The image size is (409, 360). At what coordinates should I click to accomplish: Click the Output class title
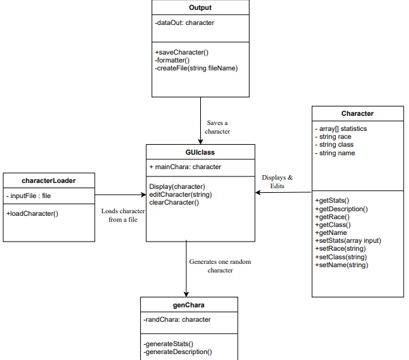200,7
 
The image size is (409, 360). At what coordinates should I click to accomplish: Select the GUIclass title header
200,151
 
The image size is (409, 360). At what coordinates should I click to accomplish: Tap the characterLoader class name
49,180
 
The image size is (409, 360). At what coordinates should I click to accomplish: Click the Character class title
357,113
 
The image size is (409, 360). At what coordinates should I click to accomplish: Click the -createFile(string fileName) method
196,68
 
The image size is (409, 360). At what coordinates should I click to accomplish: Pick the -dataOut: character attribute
184,22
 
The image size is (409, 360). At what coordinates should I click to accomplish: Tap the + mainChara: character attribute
185,167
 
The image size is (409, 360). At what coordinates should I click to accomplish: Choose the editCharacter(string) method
180,194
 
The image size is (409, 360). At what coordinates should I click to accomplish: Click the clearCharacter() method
174,202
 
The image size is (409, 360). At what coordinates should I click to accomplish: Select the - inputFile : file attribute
29,195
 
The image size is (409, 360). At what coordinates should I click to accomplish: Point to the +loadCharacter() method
32,213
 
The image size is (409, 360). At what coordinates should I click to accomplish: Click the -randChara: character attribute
177,320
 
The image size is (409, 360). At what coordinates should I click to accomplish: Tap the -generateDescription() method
178,351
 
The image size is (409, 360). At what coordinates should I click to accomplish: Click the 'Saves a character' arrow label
217,127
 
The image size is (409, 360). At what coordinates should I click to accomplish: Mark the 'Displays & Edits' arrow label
277,182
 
